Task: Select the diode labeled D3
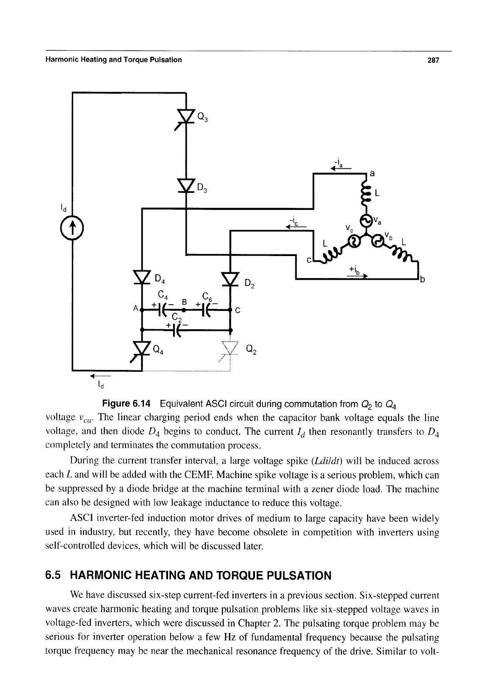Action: click(186, 186)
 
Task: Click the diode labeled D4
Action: click(142, 277)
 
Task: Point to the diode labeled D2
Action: click(230, 279)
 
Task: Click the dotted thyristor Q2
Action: click(230, 351)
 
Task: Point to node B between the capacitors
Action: click(184, 310)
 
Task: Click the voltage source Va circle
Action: click(366, 221)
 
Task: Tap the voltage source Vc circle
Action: click(354, 241)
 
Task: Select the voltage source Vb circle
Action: click(378, 241)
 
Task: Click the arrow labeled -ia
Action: click(341, 168)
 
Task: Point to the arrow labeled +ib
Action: click(357, 276)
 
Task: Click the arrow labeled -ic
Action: click(296, 227)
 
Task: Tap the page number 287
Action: click(433, 60)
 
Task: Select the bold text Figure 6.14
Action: click(126, 404)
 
